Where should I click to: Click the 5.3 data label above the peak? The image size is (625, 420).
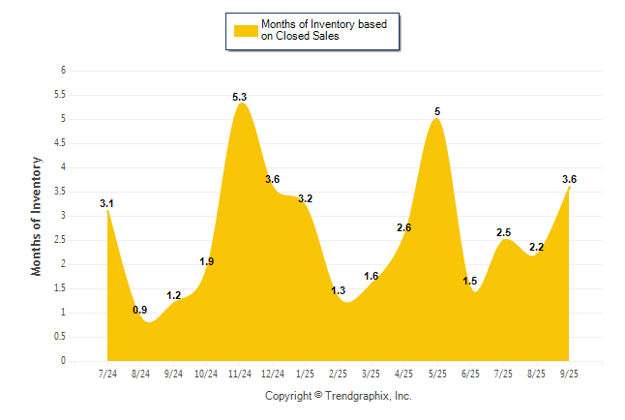(240, 97)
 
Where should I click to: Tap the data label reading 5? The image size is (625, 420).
(437, 112)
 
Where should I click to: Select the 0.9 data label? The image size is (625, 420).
(140, 310)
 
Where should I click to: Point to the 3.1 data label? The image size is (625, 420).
(107, 203)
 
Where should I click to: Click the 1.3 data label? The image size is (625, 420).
(339, 290)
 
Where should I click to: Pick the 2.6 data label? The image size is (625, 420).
(404, 227)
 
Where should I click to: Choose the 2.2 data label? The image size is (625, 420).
(536, 247)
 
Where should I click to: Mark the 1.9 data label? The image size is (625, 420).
(207, 261)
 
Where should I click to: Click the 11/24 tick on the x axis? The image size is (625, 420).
(239, 374)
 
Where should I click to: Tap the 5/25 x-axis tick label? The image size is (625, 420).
(437, 374)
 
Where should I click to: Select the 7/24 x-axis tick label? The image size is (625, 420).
(107, 374)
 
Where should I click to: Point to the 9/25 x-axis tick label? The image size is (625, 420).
(569, 374)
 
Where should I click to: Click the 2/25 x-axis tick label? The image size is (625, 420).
(339, 374)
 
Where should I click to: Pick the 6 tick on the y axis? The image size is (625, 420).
(63, 71)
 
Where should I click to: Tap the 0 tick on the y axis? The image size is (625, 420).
(63, 361)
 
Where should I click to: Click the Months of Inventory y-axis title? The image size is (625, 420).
(37, 216)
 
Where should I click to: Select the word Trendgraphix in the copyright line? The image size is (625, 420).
(356, 397)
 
